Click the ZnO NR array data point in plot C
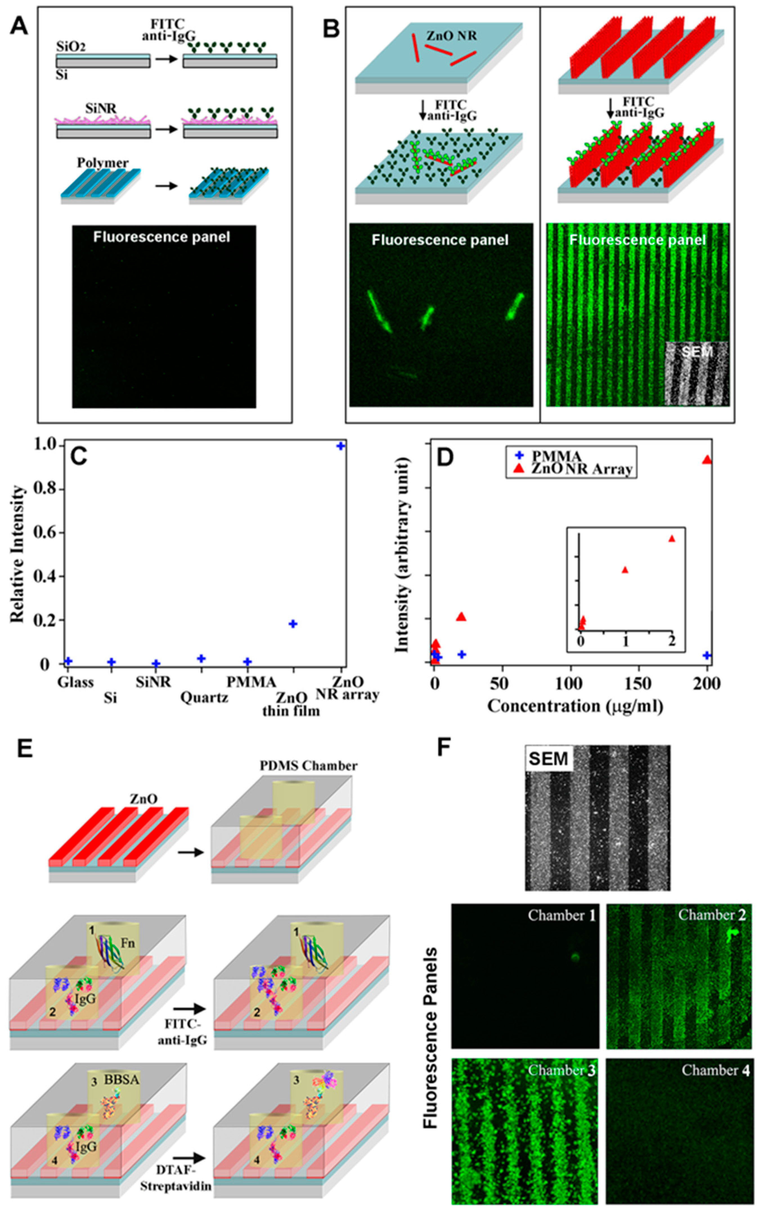(x=341, y=446)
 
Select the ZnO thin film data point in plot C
(x=293, y=624)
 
